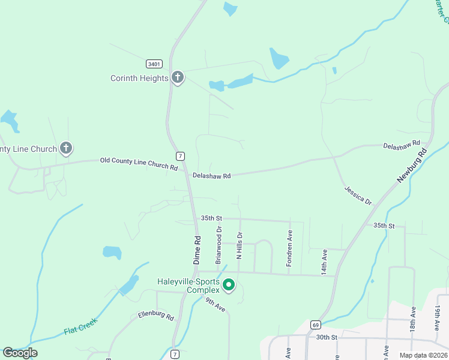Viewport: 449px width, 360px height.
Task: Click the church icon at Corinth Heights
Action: [178, 77]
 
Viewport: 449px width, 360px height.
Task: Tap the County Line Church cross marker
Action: [67, 148]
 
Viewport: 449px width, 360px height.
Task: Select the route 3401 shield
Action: [154, 63]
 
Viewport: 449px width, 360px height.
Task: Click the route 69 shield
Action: [315, 325]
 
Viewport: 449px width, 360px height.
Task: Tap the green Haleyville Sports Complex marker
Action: [229, 285]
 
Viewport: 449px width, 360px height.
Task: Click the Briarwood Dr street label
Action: [218, 245]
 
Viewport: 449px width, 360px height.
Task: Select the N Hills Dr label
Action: [239, 245]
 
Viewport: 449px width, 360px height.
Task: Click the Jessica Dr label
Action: [358, 195]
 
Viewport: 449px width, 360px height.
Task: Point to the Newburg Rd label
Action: [411, 166]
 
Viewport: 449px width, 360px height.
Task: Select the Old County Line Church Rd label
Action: [138, 163]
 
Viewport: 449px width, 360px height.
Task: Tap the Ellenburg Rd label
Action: [155, 314]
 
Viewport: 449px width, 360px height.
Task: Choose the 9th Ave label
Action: [215, 304]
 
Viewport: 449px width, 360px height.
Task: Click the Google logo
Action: [20, 352]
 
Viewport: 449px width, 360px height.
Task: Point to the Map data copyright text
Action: [423, 355]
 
